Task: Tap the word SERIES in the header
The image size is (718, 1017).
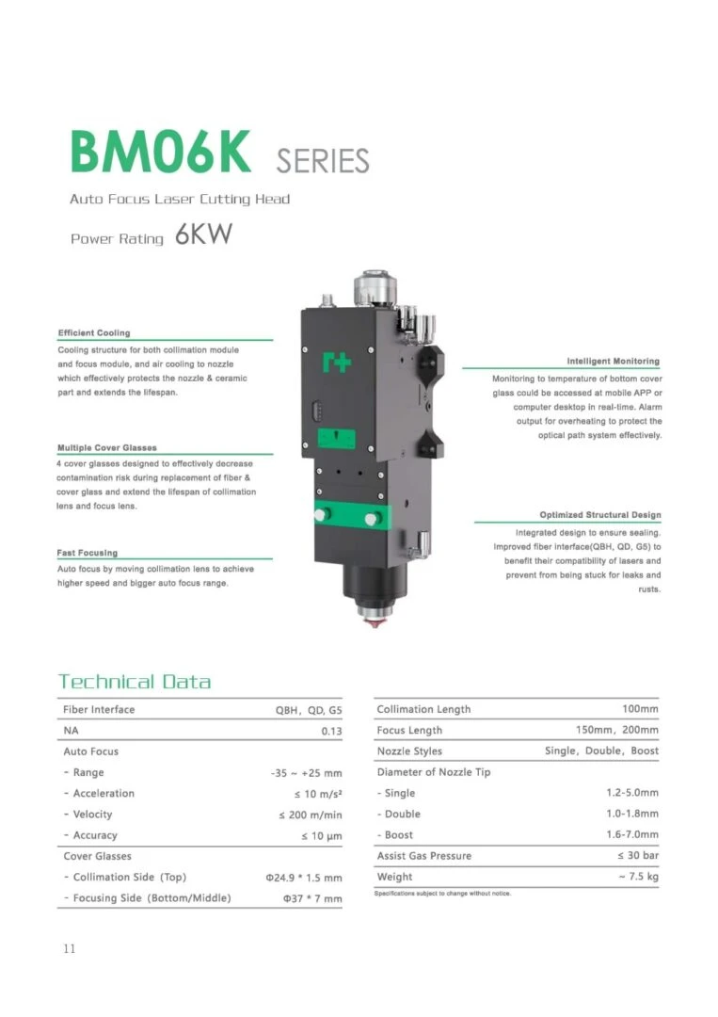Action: coord(323,161)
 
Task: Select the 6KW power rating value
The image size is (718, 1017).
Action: coord(203,234)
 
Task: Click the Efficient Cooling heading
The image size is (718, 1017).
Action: coord(94,332)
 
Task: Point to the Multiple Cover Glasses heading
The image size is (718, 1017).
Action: coord(107,447)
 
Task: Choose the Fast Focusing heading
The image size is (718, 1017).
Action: coord(88,553)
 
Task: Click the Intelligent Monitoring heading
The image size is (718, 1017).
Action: coord(613,362)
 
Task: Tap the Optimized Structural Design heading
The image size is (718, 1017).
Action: coord(600,515)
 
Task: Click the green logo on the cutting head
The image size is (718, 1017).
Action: coord(337,362)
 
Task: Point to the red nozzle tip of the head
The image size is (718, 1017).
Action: coord(374,622)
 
